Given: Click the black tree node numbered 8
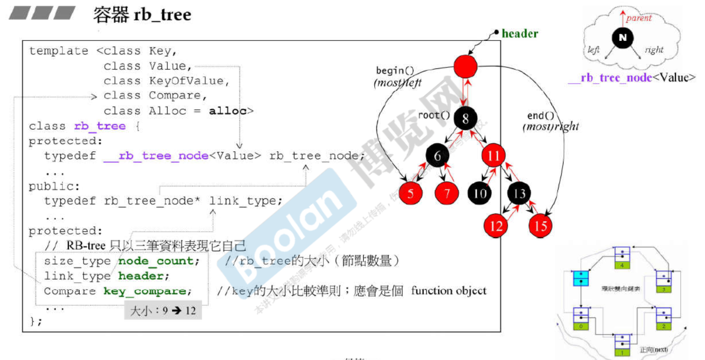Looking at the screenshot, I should [466, 118].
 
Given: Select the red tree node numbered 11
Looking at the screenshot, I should [494, 156].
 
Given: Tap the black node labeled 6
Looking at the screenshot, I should [438, 156].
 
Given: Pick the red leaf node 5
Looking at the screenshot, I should [411, 194].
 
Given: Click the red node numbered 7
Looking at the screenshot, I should [447, 194].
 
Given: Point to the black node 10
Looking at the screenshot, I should [480, 193].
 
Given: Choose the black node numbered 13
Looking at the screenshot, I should [520, 193].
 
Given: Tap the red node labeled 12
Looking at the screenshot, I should [496, 226].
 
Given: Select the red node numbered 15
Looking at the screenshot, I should [541, 226].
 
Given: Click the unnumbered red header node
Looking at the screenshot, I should [466, 66].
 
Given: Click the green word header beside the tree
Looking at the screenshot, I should [520, 34].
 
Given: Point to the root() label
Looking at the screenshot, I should [434, 115].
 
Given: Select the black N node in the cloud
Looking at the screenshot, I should [622, 37].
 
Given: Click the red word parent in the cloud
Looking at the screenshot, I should [639, 18].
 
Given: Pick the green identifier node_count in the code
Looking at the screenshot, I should [158, 261].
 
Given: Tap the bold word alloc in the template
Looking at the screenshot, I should [227, 111].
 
